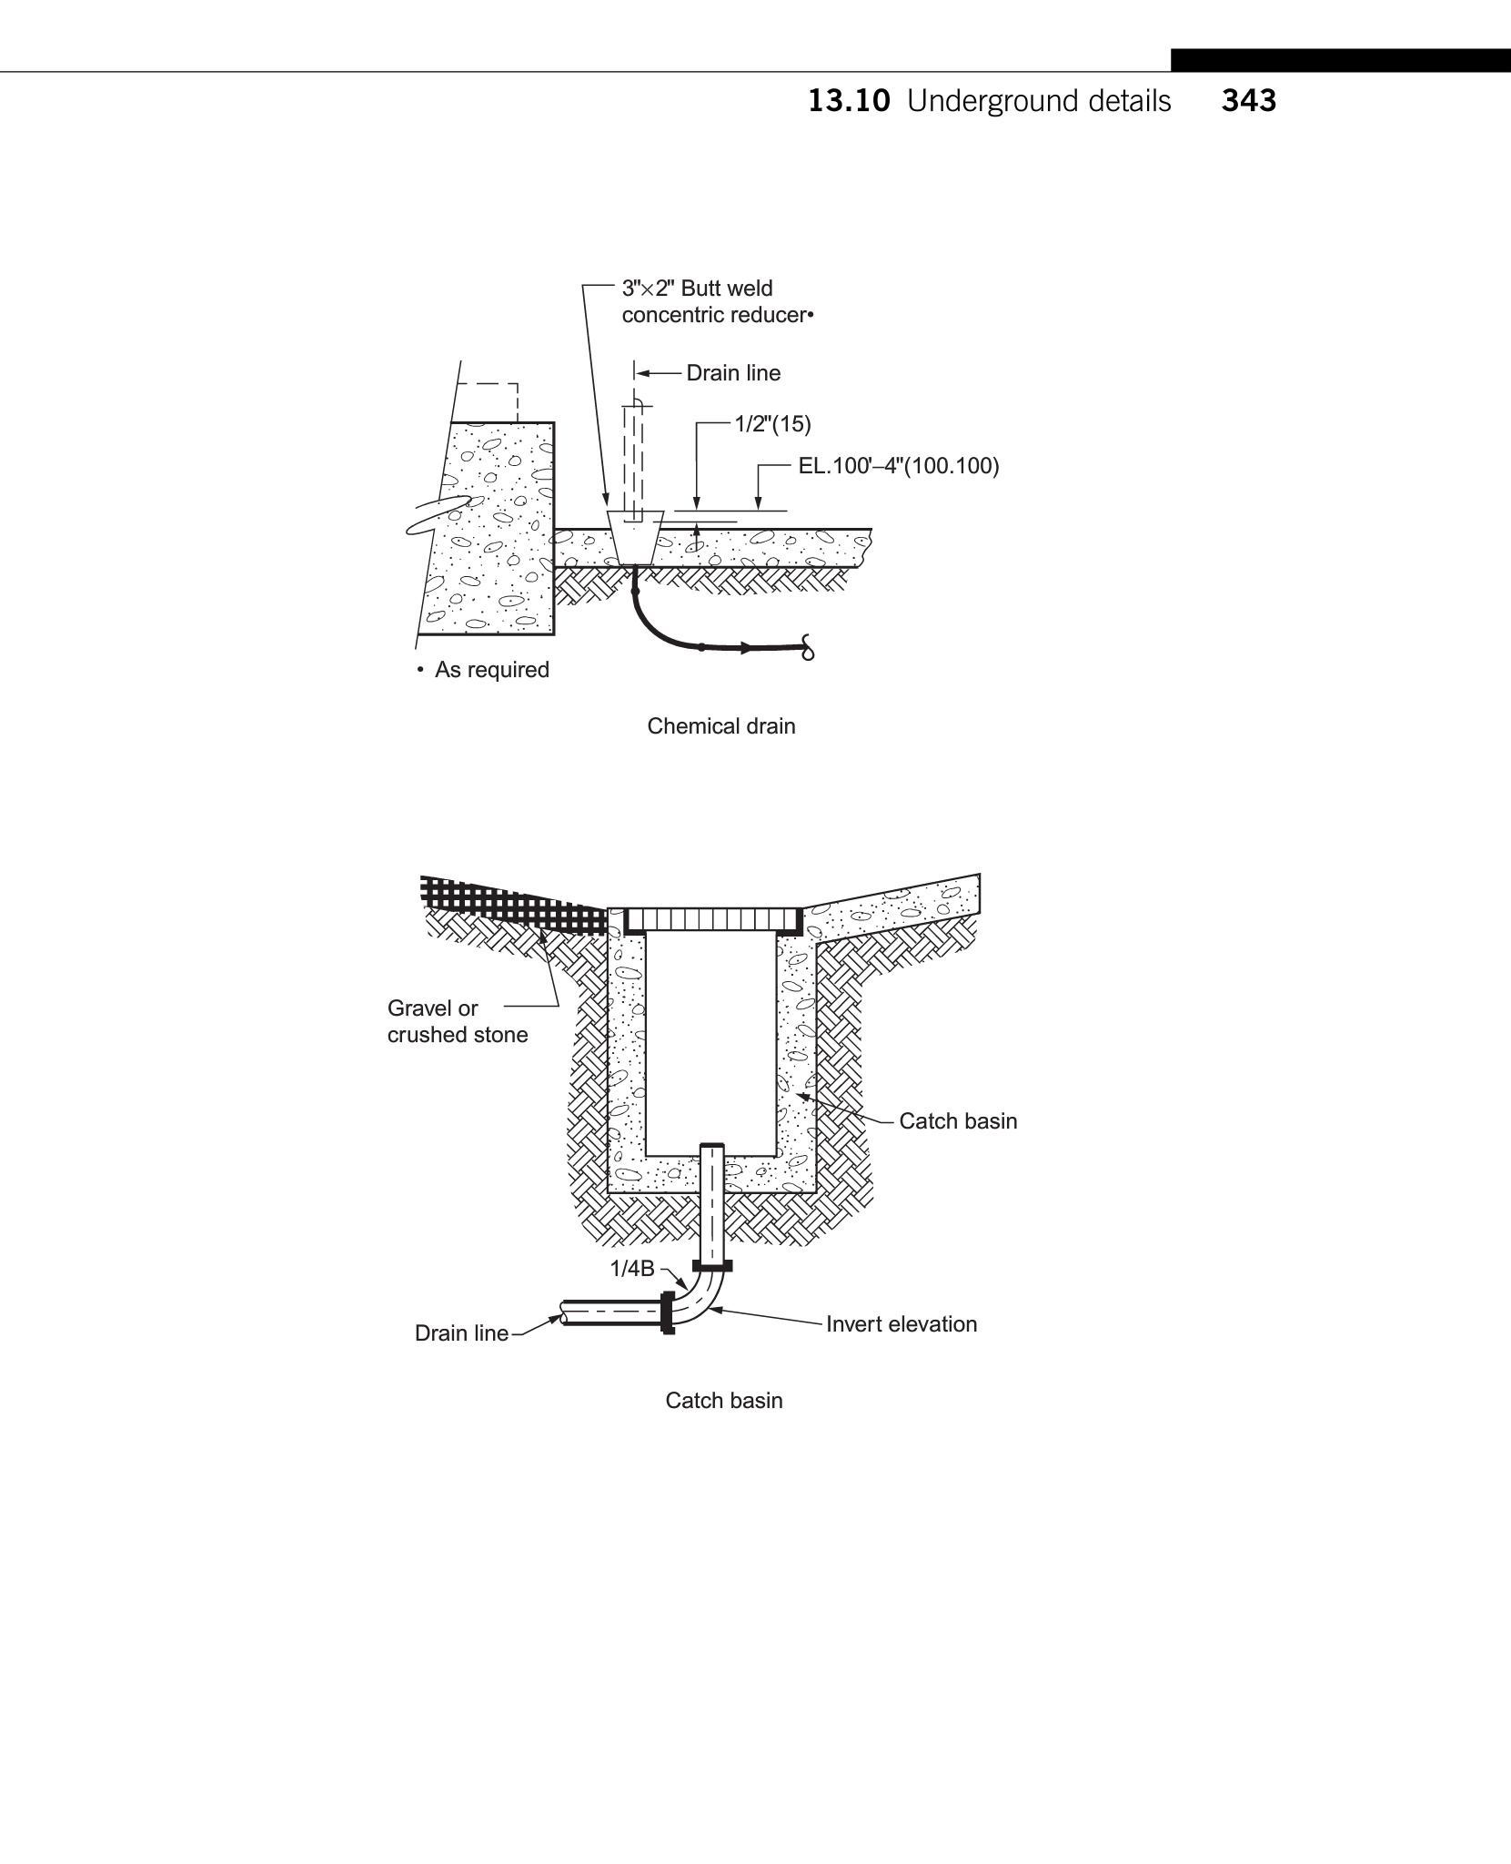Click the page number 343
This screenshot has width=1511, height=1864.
coord(1248,101)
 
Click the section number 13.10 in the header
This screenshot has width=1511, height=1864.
coord(849,101)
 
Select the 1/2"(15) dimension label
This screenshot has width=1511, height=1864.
coord(772,424)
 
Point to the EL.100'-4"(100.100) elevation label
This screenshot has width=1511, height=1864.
coord(898,467)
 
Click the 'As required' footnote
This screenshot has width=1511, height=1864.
coord(490,670)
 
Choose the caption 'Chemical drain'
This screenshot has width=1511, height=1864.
coord(720,726)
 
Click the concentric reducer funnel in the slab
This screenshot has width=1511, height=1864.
coord(633,537)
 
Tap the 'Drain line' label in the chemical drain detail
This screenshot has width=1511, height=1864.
coord(732,373)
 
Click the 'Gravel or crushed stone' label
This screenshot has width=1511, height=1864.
coord(457,1021)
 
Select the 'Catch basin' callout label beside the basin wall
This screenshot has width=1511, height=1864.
coord(957,1121)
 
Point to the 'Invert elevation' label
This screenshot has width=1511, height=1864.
coord(901,1324)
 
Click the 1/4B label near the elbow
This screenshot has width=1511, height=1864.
coord(632,1269)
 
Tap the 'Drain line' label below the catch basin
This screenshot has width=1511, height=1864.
coord(461,1333)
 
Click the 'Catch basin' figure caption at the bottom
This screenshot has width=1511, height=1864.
coord(723,1401)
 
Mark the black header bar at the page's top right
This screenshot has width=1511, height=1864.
coord(1340,60)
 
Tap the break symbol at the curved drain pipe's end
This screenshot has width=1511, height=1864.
coord(807,647)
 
